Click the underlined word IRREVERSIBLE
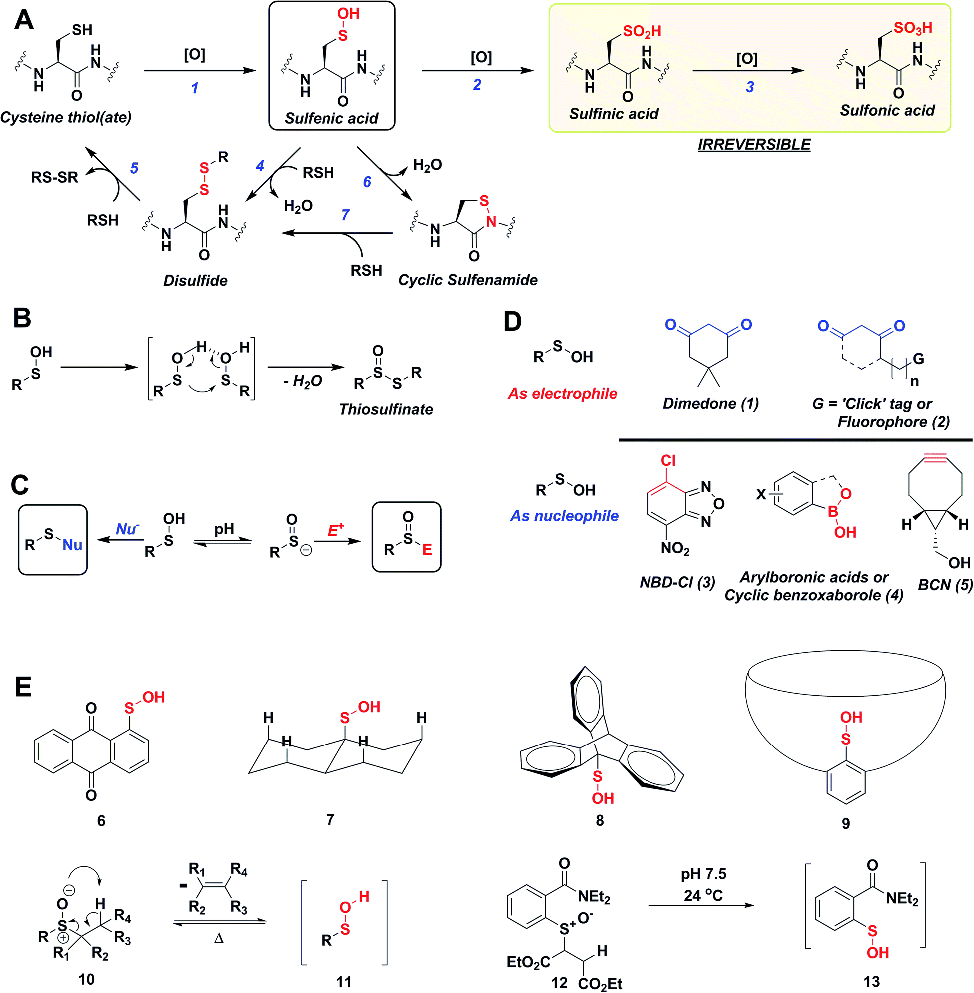754,145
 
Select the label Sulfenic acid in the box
331,119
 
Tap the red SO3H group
913,28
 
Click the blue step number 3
750,87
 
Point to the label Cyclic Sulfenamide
468,280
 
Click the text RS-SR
55,178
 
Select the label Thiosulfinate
386,409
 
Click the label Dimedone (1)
710,404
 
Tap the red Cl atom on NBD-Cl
668,460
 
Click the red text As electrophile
562,393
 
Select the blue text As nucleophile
564,516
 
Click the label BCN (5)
945,584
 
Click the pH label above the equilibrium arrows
224,529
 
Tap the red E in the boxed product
427,550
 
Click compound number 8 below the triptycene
600,821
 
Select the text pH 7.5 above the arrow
703,874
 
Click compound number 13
871,982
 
